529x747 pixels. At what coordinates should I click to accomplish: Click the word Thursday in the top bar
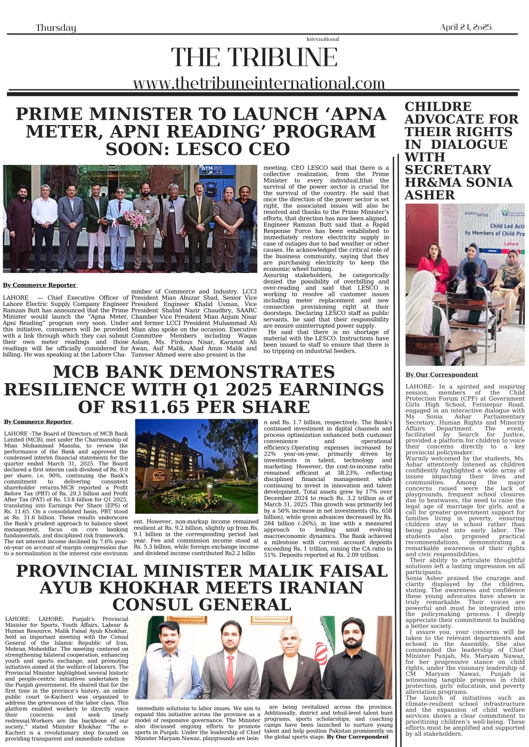(56, 28)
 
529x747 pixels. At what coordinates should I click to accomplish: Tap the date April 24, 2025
(466, 27)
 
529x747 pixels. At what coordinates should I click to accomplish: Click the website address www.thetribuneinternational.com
(259, 83)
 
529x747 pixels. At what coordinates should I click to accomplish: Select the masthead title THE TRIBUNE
(254, 57)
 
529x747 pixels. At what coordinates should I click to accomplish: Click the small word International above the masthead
(322, 39)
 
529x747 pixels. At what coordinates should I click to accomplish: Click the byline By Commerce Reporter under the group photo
(40, 285)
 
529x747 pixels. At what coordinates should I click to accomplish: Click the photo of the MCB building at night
(196, 466)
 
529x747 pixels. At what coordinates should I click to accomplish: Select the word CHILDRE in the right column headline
(438, 106)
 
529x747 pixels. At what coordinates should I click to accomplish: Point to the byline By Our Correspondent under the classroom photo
(442, 375)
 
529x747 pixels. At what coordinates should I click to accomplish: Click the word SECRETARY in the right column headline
(447, 170)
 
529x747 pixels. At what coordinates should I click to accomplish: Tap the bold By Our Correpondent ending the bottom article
(357, 737)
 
